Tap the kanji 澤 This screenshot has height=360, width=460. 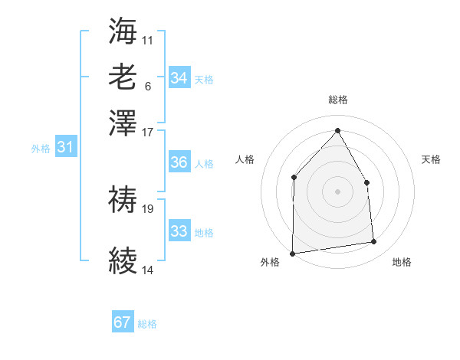pyautogui.click(x=123, y=122)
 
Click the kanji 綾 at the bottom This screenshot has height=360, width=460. pyautogui.click(x=123, y=260)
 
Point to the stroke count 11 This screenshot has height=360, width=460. pyautogui.click(x=148, y=39)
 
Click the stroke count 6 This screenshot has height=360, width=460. pyautogui.click(x=147, y=85)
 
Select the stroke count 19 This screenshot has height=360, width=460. pyautogui.click(x=148, y=208)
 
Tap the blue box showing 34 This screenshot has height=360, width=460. pyautogui.click(x=179, y=78)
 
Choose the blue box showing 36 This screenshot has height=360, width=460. pyautogui.click(x=179, y=162)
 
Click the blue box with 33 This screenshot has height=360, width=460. pyautogui.click(x=179, y=231)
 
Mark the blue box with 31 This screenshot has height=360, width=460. pyautogui.click(x=65, y=147)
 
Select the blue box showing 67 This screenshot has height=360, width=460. pyautogui.click(x=123, y=322)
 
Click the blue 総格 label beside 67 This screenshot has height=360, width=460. pyautogui.click(x=147, y=324)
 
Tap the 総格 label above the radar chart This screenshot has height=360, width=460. pyautogui.click(x=337, y=100)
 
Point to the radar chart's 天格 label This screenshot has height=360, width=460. pyautogui.click(x=432, y=159)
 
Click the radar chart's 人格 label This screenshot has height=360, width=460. pyautogui.click(x=245, y=159)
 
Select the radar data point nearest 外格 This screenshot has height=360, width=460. pyautogui.click(x=292, y=254)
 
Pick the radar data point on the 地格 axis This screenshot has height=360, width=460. pyautogui.click(x=374, y=242)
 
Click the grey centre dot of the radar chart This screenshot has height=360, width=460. pyautogui.click(x=337, y=191)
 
